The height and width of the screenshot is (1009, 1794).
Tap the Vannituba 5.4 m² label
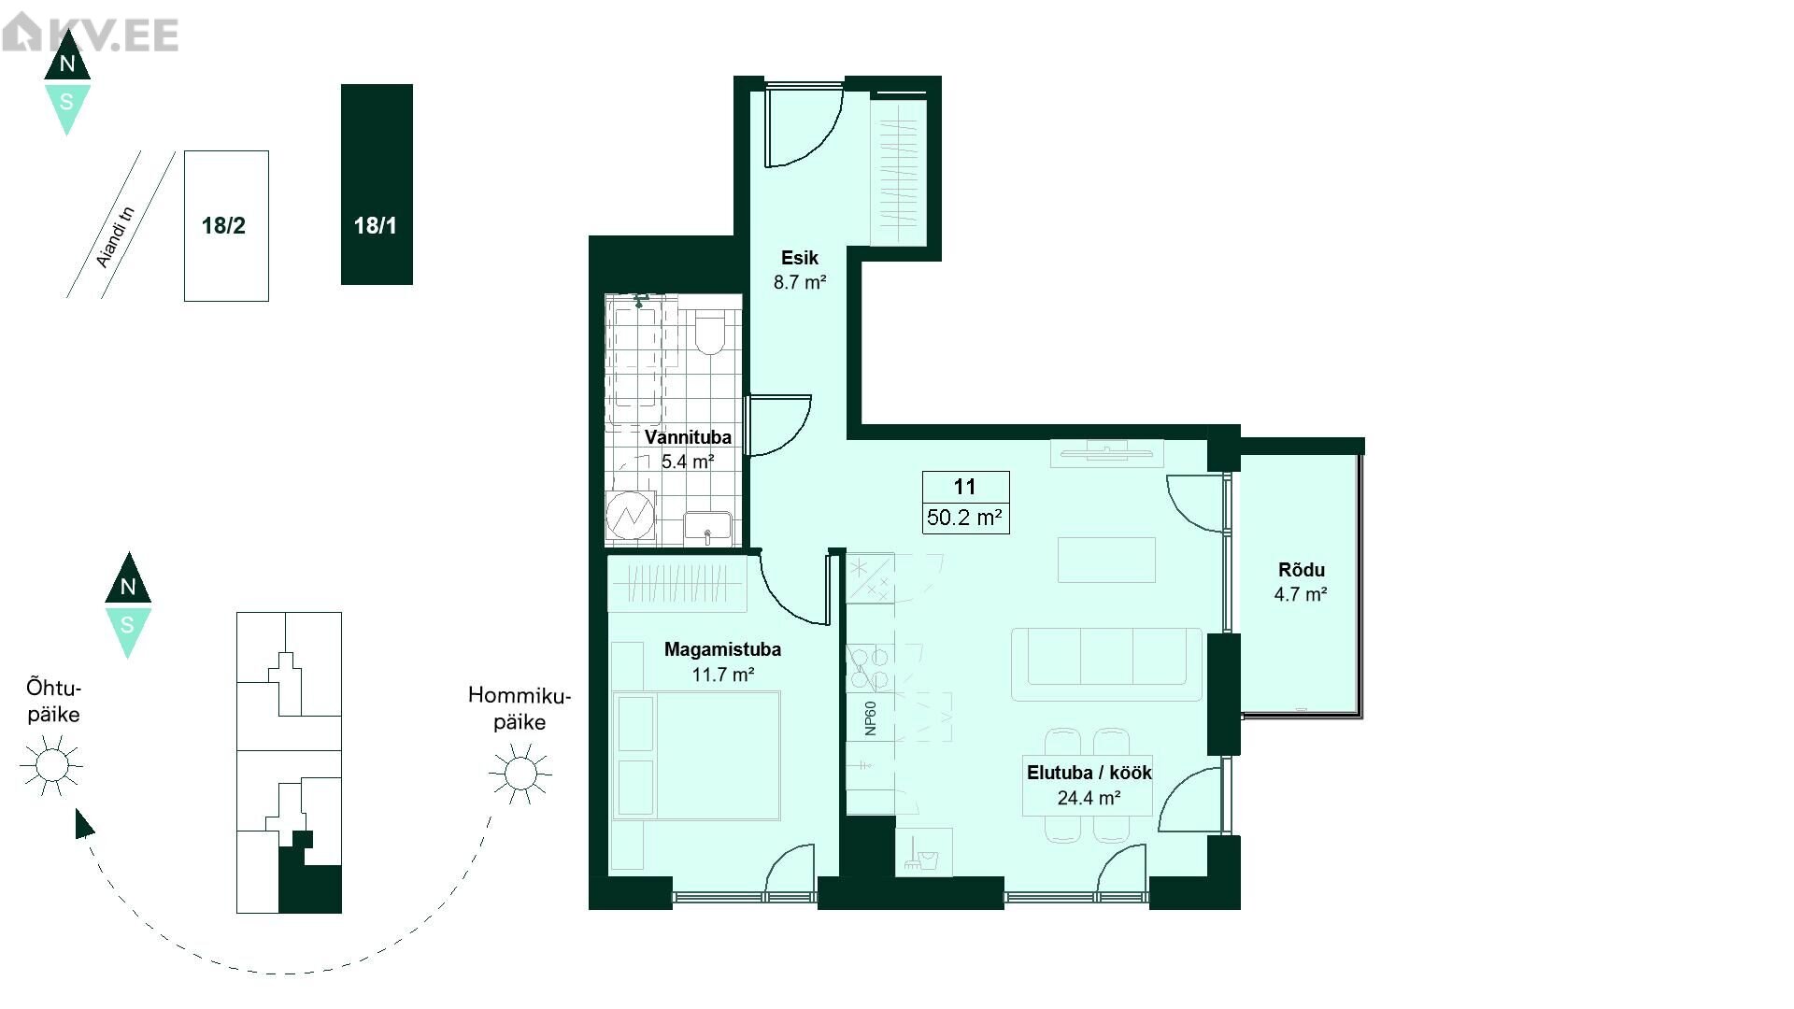688,448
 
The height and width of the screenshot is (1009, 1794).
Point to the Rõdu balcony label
1301,581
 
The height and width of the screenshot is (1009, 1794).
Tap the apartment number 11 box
965,487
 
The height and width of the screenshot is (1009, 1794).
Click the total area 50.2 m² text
965,518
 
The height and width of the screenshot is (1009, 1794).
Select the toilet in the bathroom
711,333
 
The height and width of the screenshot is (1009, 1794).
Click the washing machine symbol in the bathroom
630,515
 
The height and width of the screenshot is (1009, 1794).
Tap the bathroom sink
707,529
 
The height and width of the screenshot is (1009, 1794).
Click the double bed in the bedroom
696,756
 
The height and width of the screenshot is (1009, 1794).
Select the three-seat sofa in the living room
1106,664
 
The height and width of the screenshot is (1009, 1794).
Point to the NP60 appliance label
871,718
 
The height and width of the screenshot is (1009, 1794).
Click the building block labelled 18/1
377,184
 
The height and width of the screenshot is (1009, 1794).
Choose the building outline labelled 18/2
226,225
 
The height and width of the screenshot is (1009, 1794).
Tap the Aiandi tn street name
116,237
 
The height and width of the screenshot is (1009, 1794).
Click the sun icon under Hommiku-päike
520,773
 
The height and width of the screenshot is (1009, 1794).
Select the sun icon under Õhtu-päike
51,765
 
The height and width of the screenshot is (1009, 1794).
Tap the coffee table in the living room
1106,560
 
